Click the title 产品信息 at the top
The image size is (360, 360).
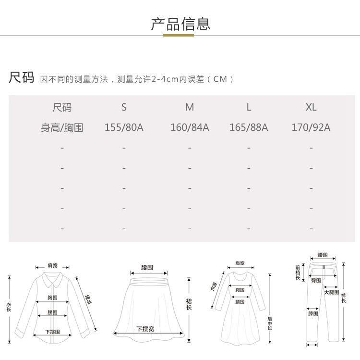pos(180,24)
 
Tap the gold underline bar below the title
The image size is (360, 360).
pos(179,35)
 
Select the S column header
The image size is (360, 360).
pos(124,107)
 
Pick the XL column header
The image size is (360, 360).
pos(311,107)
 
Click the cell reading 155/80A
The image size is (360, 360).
pos(124,128)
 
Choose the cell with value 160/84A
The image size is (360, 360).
pos(190,128)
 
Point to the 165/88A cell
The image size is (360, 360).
pos(249,128)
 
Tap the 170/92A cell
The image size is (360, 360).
pos(311,128)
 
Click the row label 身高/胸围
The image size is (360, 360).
pos(62,128)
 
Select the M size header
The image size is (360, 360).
pos(190,107)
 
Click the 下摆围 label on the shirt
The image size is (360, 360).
pos(52,332)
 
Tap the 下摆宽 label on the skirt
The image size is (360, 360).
pos(145,329)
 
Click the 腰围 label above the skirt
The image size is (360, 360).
pos(147,267)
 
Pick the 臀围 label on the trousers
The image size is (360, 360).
pos(316,280)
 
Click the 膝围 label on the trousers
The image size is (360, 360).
pos(313,313)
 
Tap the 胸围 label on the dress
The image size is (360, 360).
pos(240,290)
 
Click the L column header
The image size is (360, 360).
pos(249,107)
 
